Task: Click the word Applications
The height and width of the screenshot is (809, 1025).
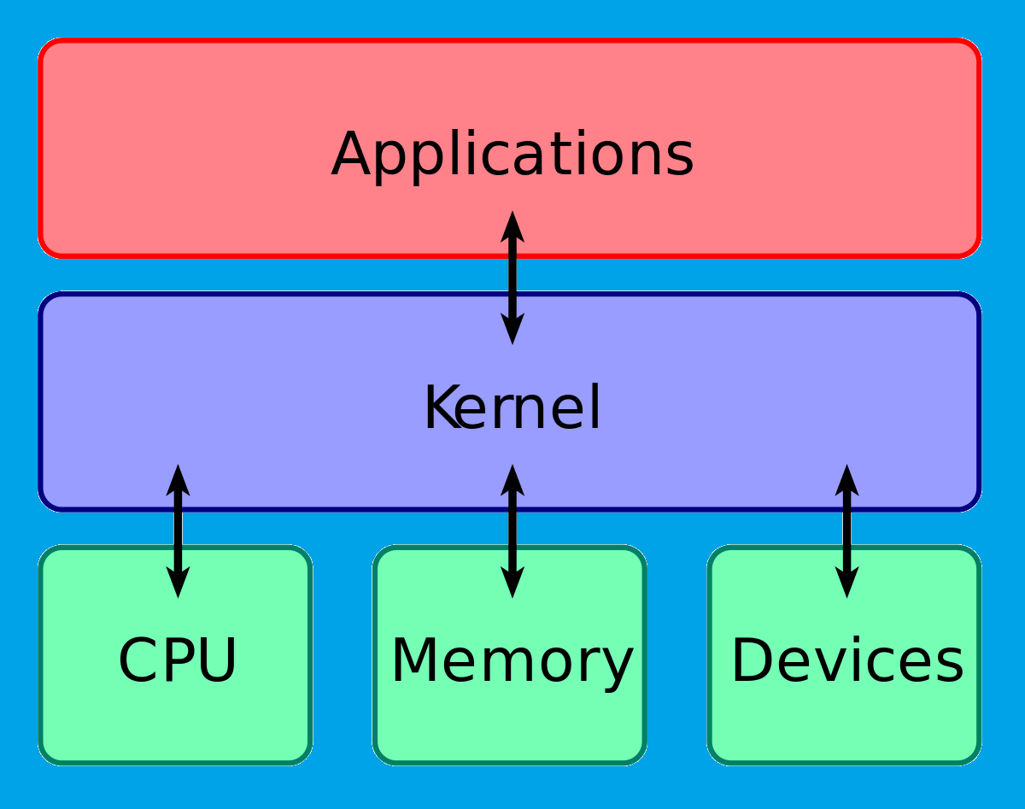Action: [x=512, y=155]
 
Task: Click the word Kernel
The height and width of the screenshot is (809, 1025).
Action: [x=512, y=408]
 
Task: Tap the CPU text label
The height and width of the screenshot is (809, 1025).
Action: [x=177, y=660]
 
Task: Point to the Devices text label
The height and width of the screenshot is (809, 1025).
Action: [x=846, y=660]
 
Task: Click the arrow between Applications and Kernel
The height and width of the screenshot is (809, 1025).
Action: [x=512, y=278]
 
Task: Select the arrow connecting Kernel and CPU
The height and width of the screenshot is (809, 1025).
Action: [x=178, y=531]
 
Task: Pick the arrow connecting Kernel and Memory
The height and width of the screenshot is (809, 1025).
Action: [x=512, y=531]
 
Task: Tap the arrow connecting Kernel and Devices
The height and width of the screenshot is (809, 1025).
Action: [x=846, y=531]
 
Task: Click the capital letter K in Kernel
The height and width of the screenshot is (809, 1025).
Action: [x=440, y=408]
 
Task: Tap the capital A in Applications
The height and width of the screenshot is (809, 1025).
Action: [x=354, y=155]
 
